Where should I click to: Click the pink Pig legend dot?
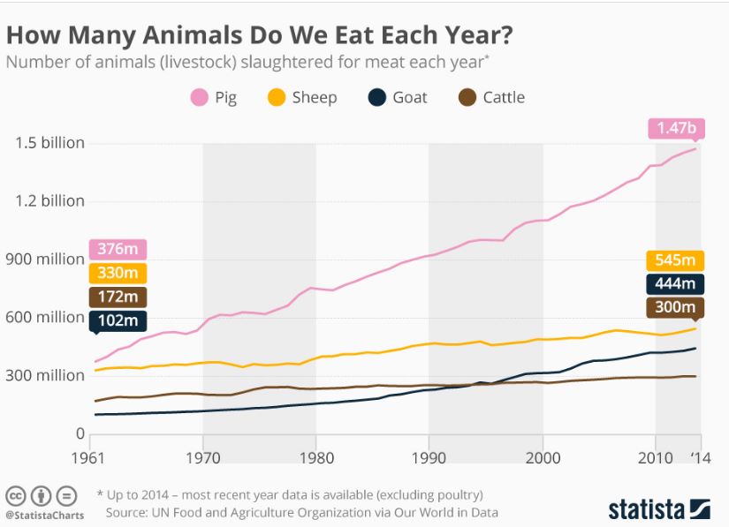(198, 97)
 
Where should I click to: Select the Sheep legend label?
(315, 97)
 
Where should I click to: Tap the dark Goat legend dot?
(376, 97)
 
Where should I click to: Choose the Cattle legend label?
(504, 97)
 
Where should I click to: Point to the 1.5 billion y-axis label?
(49, 143)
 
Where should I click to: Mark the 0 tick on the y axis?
(80, 433)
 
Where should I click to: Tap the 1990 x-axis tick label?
(429, 459)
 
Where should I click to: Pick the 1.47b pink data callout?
(677, 128)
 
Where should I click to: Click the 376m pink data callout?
(118, 250)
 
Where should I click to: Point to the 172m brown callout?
(118, 297)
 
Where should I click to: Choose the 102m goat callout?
(118, 321)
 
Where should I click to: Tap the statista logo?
(658, 509)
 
